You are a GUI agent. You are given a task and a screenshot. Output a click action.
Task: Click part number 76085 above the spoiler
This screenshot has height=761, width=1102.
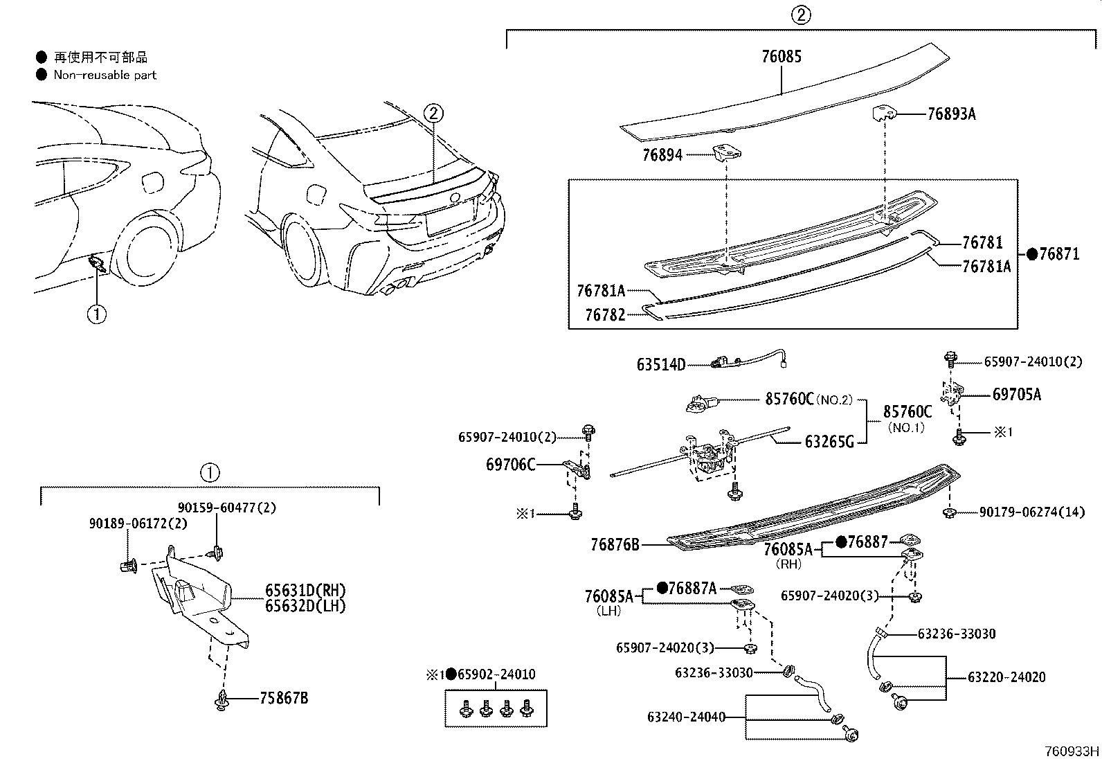click(x=782, y=57)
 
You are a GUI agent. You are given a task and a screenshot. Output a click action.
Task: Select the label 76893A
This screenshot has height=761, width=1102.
click(x=951, y=114)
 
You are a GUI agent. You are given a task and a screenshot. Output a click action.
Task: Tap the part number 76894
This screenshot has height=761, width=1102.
click(x=662, y=155)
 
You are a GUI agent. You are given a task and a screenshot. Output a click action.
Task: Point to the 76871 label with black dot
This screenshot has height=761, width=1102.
click(x=1058, y=254)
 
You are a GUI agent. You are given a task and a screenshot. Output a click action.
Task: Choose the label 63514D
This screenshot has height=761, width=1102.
click(x=660, y=364)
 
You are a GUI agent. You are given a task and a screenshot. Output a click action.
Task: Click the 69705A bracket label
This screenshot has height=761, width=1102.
click(x=1016, y=395)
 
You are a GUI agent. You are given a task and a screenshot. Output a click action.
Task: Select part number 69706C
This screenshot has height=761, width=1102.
click(x=510, y=465)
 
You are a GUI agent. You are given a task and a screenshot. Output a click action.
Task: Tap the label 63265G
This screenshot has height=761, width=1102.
click(x=829, y=441)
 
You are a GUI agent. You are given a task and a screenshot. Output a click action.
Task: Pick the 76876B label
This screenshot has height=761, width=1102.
click(x=615, y=545)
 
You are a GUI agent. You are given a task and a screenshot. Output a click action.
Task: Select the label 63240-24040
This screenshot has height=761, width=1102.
click(x=687, y=717)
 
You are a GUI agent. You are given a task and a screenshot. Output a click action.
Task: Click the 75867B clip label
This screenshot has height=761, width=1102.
click(x=284, y=698)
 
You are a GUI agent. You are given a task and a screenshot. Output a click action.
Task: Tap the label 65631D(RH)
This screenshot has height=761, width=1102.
click(x=305, y=591)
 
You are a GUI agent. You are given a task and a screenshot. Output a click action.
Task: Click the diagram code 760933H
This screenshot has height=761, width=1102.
click(x=1072, y=751)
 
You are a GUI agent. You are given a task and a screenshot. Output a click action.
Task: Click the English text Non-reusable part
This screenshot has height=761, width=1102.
click(x=105, y=75)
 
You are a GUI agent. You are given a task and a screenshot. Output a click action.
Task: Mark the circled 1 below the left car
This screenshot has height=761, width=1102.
click(x=96, y=314)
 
